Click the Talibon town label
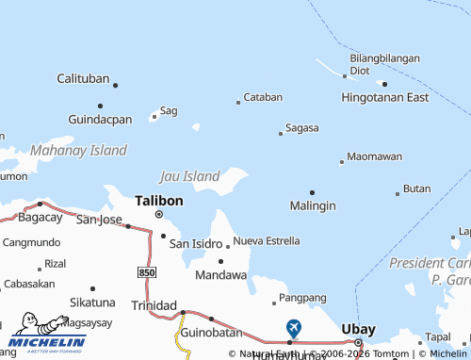pyautogui.click(x=159, y=201)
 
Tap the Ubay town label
pyautogui.click(x=359, y=329)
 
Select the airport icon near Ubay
pyautogui.click(x=294, y=328)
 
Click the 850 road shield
pyautogui.click(x=146, y=271)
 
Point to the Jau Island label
pyautogui.click(x=189, y=175)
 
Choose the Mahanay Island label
pyautogui.click(x=78, y=150)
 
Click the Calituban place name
pyautogui.click(x=83, y=78)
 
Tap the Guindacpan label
pyautogui.click(x=100, y=120)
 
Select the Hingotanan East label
pyautogui.click(x=384, y=97)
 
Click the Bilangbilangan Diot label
pyautogui.click(x=384, y=64)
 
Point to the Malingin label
pyautogui.click(x=313, y=205)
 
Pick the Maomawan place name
pyautogui.click(x=374, y=156)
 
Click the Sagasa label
pyautogui.click(x=301, y=128)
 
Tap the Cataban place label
pyautogui.click(x=263, y=97)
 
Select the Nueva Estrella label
pyautogui.click(x=267, y=241)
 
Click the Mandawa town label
pyautogui.click(x=220, y=275)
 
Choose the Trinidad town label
pyautogui.click(x=153, y=305)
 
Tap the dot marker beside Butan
pyautogui.click(x=397, y=194)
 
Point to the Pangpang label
pyautogui.click(x=302, y=299)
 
